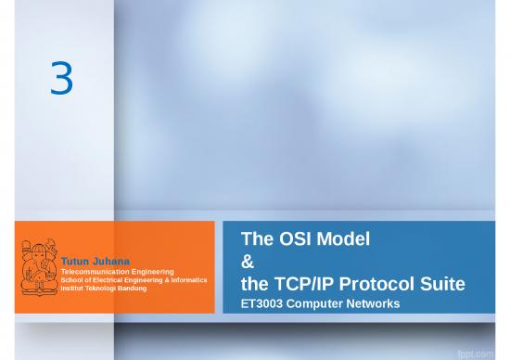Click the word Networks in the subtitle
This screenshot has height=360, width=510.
[x=381, y=304]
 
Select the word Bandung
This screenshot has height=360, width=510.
[x=142, y=288]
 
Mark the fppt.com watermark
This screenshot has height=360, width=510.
[x=483, y=347]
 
